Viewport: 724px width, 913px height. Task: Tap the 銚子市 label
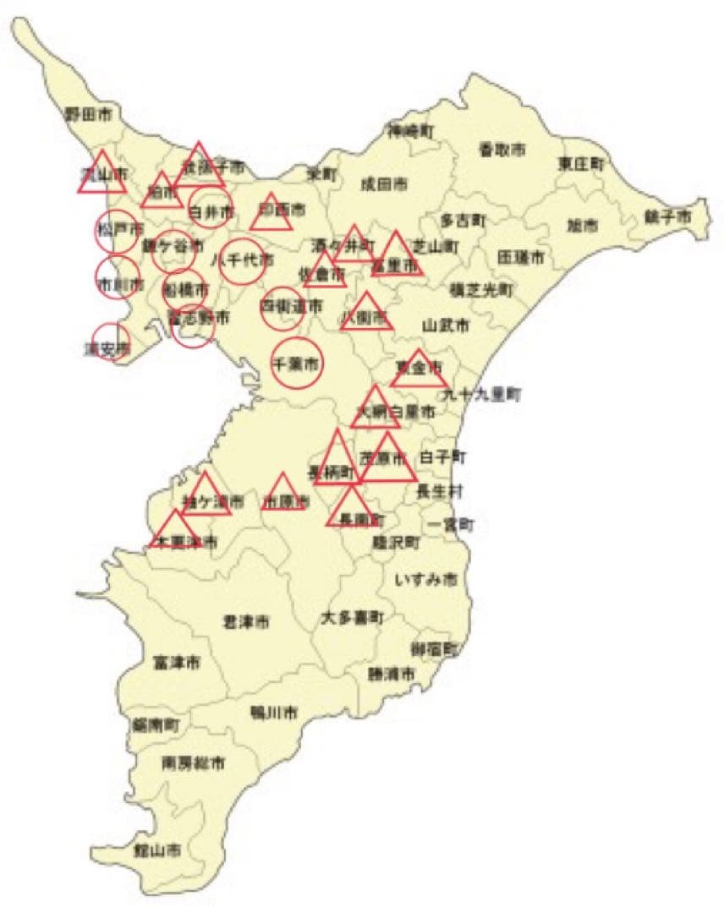click(x=668, y=217)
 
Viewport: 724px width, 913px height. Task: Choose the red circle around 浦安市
click(x=110, y=342)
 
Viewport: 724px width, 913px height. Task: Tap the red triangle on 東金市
click(x=419, y=369)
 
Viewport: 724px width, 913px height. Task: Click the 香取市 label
click(x=502, y=150)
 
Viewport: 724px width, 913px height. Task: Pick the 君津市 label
click(x=245, y=622)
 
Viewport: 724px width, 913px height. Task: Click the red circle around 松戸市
click(x=116, y=232)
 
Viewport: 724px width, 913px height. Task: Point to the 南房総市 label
click(x=194, y=763)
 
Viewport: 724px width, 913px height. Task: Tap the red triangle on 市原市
click(x=284, y=494)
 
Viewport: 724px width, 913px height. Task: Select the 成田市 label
click(x=383, y=183)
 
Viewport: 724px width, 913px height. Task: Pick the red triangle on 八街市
click(x=366, y=314)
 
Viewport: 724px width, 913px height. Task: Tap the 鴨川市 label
click(x=273, y=713)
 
